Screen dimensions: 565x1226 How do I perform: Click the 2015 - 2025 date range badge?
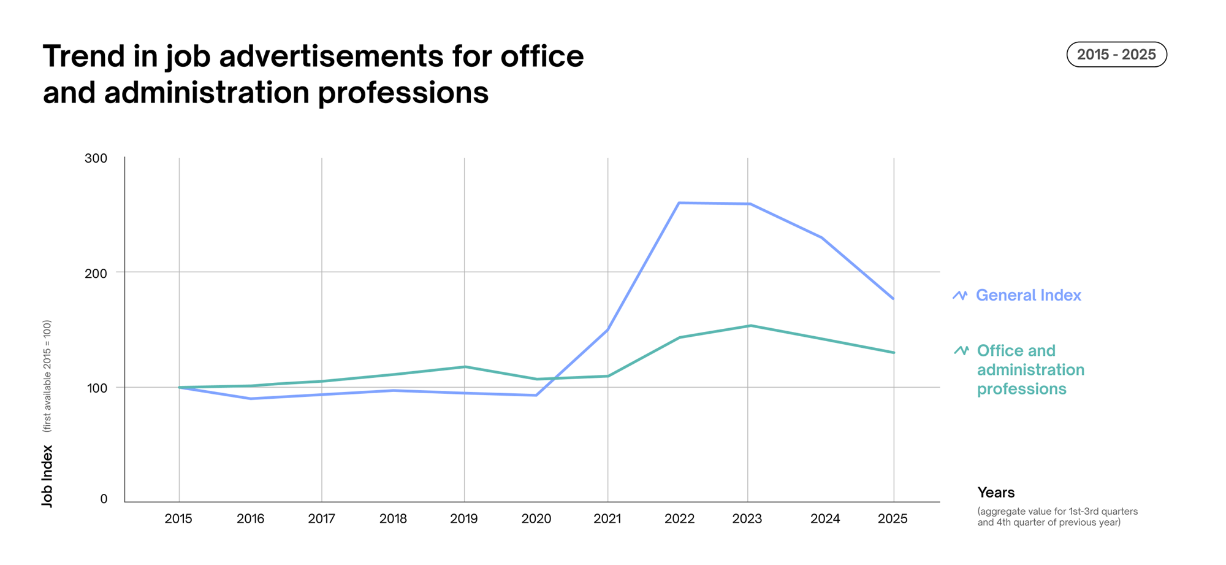coord(1116,55)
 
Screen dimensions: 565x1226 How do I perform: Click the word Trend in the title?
coord(84,56)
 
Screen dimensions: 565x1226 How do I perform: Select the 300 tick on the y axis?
coord(96,158)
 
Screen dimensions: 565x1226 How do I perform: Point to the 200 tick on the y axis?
coord(96,273)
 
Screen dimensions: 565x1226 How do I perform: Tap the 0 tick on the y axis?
coord(104,499)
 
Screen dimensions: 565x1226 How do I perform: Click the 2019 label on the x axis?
coord(464,519)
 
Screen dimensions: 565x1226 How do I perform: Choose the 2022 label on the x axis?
coord(679,519)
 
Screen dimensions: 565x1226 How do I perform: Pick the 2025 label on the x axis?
coord(893,519)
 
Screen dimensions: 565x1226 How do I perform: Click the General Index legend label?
coord(1028,296)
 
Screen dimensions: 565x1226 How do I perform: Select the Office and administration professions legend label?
coord(1030,369)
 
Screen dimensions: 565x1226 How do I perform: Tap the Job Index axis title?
coord(47,476)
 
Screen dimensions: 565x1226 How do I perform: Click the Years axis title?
coord(996,493)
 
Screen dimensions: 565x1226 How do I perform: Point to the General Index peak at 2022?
coord(679,203)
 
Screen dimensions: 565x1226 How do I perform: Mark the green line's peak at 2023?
coord(750,326)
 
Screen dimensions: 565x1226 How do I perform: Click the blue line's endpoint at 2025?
coord(893,299)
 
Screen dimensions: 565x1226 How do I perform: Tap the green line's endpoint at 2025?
coord(893,353)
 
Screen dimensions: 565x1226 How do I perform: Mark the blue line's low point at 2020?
coord(536,395)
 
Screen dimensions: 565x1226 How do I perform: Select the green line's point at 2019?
coord(464,367)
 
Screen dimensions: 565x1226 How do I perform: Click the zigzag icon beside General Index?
coord(960,296)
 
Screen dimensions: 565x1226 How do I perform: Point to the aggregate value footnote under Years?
coord(1057,517)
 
